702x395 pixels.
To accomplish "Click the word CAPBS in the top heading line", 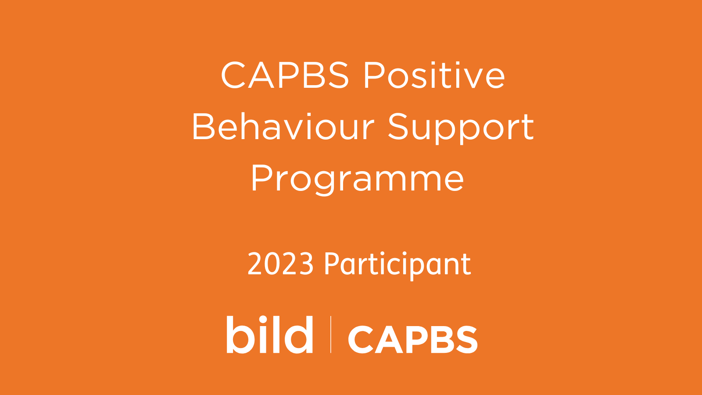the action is [x=285, y=75].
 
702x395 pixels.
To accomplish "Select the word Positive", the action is [x=434, y=75].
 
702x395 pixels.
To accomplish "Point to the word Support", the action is [x=461, y=129].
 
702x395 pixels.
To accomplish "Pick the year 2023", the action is [x=280, y=264].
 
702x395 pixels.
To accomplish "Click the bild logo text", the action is [x=269, y=334].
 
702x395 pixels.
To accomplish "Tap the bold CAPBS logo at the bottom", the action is [x=413, y=340].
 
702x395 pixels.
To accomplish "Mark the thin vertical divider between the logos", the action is [x=331, y=334].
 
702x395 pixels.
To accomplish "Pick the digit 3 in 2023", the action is [x=305, y=264].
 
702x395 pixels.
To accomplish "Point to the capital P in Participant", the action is [x=333, y=264].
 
